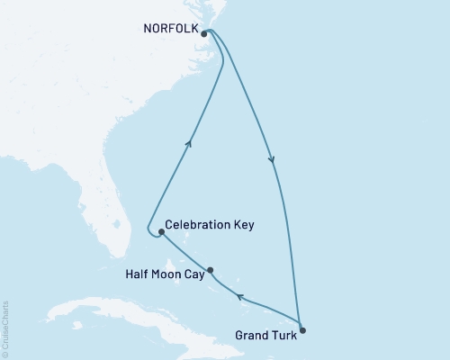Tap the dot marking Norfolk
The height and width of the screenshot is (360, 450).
[205, 34]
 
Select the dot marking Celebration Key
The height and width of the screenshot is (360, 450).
[161, 232]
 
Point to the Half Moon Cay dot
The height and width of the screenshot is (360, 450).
[211, 270]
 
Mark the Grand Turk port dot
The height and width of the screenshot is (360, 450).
[301, 330]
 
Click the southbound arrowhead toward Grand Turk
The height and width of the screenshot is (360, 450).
[272, 160]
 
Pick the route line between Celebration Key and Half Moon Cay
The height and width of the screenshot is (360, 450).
[185, 253]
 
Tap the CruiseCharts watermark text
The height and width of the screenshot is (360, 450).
[5, 328]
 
